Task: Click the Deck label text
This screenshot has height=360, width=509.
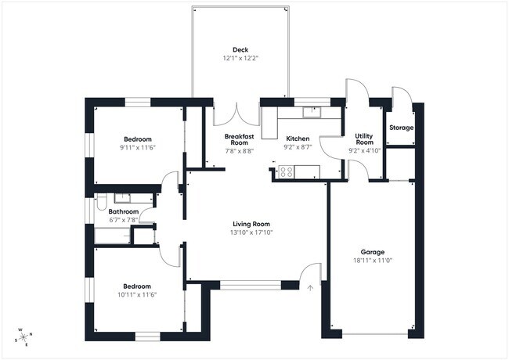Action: [x=240, y=49]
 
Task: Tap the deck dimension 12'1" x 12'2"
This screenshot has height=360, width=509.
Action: [x=240, y=57]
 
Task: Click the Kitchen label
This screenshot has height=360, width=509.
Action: [x=298, y=139]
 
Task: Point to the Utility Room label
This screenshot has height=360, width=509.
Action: [x=364, y=139]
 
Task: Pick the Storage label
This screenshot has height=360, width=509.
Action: [x=402, y=128]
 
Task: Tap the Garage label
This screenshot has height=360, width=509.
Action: [x=372, y=252]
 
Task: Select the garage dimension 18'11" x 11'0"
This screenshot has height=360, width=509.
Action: [x=372, y=261]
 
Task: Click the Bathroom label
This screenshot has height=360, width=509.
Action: [x=124, y=211]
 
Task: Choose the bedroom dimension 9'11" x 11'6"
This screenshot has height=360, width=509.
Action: [x=138, y=147]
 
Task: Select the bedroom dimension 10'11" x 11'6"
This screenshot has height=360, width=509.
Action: [x=138, y=294]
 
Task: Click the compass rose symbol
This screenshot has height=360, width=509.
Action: [x=23, y=336]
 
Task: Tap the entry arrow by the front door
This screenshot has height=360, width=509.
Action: [x=310, y=287]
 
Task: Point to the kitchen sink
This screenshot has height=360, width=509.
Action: [x=312, y=111]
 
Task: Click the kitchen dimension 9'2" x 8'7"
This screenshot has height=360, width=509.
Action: [x=298, y=146]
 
